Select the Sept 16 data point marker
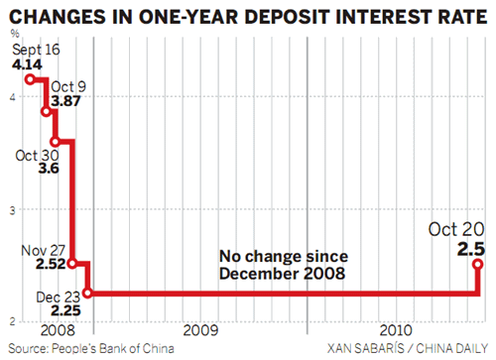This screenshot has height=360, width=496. (x=31, y=79)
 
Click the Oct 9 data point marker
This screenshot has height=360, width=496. (x=46, y=111)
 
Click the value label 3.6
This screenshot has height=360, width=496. (x=46, y=171)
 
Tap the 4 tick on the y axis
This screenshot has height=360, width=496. (x=8, y=96)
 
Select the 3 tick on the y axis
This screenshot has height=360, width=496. (x=8, y=209)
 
